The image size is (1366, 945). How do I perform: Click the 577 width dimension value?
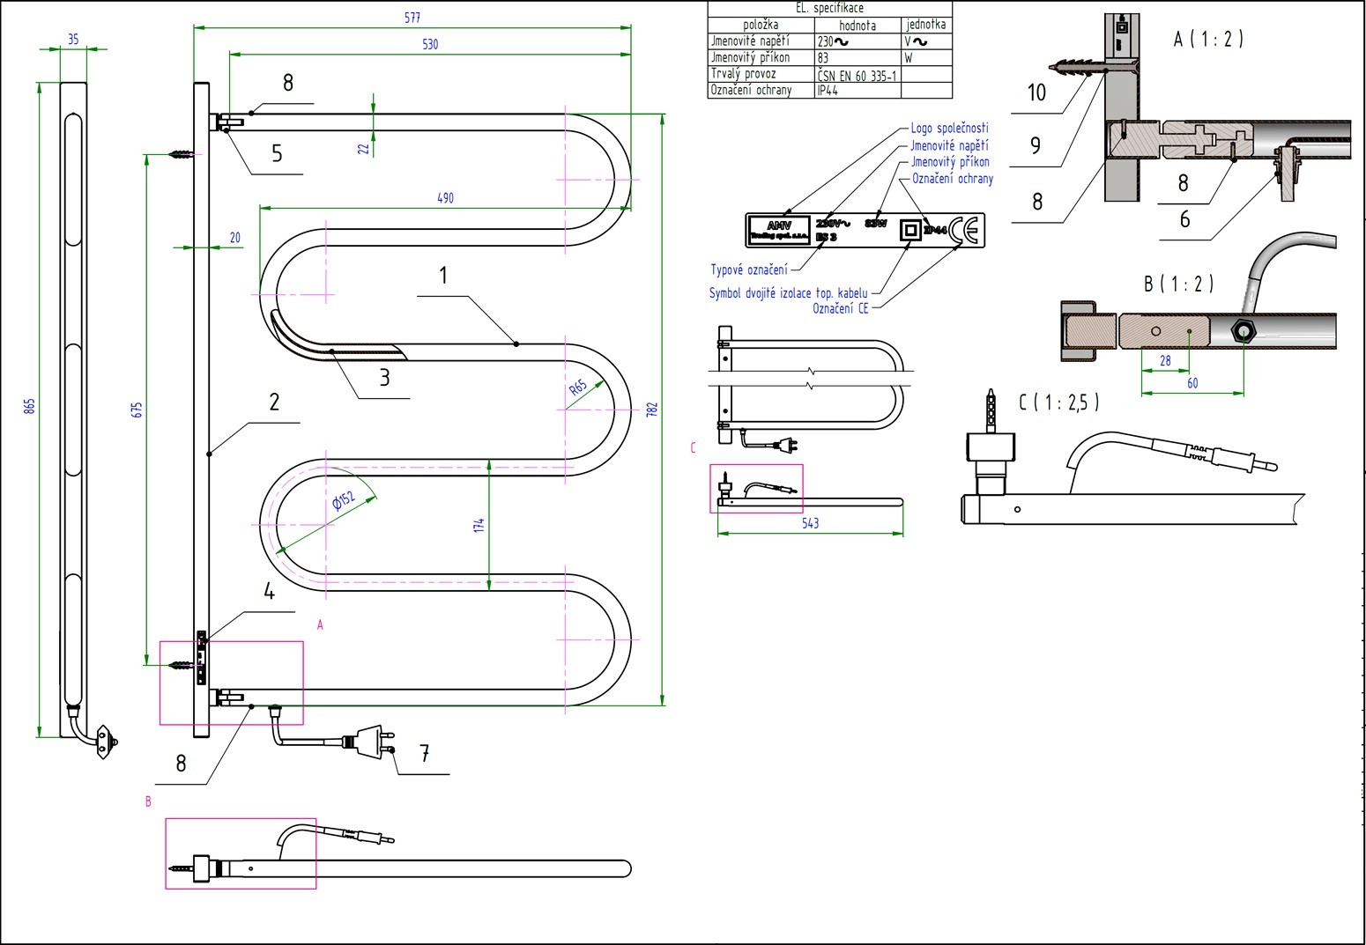(412, 18)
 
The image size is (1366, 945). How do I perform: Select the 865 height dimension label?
(29, 406)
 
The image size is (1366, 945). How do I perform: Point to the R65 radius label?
(578, 388)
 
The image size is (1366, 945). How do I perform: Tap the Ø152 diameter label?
(344, 502)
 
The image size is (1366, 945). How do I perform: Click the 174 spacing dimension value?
(479, 525)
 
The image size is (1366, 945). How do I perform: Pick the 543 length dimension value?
(810, 523)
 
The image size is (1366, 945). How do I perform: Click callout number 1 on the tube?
(443, 276)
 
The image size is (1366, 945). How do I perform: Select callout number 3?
(384, 377)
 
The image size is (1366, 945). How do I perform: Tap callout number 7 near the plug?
(424, 753)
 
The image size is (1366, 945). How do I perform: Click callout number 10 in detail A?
(1036, 92)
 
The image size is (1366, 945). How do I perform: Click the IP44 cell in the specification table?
(828, 90)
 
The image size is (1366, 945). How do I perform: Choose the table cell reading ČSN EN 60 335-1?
(857, 75)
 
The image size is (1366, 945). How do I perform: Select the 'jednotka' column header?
(926, 25)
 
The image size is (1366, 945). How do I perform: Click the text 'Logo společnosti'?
(949, 129)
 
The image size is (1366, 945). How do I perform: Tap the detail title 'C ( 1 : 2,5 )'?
(1058, 402)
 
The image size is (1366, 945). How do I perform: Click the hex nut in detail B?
(1244, 332)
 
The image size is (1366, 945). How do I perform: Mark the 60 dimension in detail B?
(1192, 383)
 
